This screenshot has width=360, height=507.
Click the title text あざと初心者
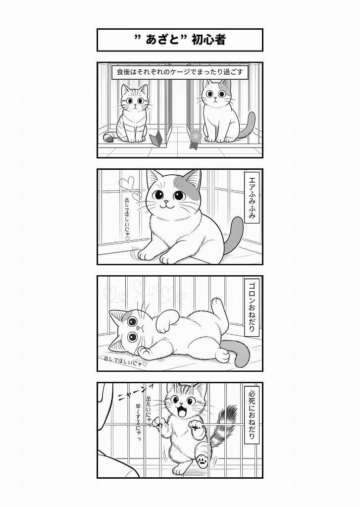tap(180, 40)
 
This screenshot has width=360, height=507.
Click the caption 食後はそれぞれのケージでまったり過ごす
tap(180, 73)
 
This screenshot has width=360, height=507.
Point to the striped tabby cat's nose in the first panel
tap(135, 104)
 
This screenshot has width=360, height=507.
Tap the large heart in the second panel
tap(126, 183)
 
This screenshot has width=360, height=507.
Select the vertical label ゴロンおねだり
tap(252, 307)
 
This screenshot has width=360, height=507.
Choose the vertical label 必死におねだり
tap(252, 414)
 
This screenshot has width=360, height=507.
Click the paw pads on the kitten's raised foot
tap(202, 460)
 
